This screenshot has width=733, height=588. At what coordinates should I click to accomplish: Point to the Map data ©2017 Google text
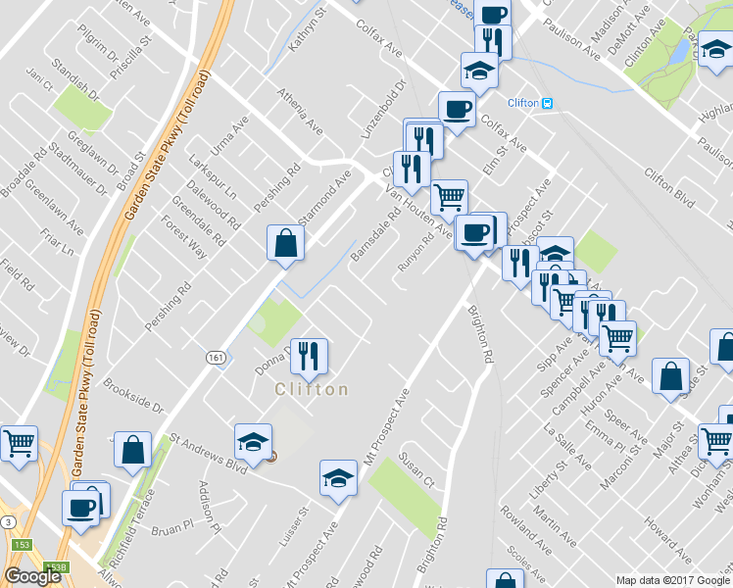point(671,580)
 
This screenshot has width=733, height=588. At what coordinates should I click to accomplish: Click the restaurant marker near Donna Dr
point(310,357)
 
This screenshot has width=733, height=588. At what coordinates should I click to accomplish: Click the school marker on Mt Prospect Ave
point(339,477)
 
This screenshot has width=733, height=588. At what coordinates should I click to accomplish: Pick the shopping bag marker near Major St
point(670,376)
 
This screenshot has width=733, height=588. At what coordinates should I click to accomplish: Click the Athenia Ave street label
point(300,111)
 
